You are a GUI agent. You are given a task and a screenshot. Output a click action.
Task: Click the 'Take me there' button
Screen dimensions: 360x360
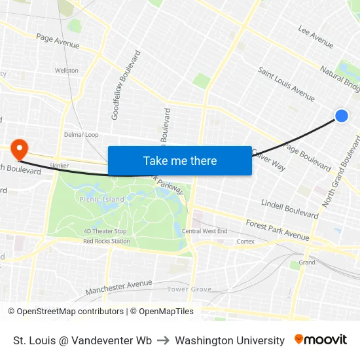[x=180, y=161]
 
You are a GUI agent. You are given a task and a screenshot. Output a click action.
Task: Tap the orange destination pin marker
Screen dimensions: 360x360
[x=18, y=148]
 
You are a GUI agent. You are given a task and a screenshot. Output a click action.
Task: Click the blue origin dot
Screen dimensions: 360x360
[x=341, y=116]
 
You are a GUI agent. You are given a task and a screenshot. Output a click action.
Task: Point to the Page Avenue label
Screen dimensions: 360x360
[x=58, y=41]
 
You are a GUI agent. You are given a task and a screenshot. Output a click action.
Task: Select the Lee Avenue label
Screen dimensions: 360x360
[x=315, y=36]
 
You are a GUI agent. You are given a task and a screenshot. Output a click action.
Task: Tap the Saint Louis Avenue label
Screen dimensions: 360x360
[x=286, y=83]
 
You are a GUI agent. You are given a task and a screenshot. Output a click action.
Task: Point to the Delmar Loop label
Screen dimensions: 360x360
[x=81, y=135]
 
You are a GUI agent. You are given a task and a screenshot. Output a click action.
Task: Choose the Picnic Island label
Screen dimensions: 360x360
[x=101, y=199]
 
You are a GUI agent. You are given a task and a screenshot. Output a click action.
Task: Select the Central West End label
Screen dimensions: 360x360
[x=204, y=231]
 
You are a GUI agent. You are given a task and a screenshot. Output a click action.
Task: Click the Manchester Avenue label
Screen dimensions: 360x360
[x=118, y=286]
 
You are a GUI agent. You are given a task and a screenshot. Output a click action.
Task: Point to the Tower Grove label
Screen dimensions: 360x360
[x=189, y=289]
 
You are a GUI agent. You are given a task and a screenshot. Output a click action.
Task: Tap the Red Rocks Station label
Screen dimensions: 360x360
[x=107, y=241]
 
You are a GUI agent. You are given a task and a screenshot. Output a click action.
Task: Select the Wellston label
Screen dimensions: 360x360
[x=67, y=70]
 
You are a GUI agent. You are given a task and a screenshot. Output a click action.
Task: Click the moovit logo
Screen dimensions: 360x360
[x=320, y=340]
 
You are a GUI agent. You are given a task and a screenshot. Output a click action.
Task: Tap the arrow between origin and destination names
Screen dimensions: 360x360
[x=163, y=340]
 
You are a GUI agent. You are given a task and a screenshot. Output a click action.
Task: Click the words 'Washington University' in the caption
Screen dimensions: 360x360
[x=230, y=340]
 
